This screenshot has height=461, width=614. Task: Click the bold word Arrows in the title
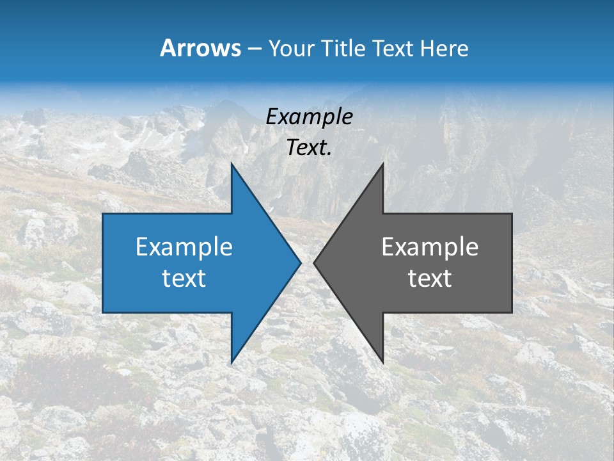pyautogui.click(x=201, y=48)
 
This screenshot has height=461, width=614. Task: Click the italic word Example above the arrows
pyautogui.click(x=309, y=117)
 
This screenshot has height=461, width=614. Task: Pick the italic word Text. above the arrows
pyautogui.click(x=309, y=147)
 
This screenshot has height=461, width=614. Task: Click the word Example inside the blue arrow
pyautogui.click(x=184, y=247)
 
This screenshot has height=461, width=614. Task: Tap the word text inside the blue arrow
pyautogui.click(x=184, y=278)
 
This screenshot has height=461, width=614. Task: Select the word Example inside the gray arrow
pyautogui.click(x=430, y=247)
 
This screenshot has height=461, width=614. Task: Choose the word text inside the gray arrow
pyautogui.click(x=430, y=278)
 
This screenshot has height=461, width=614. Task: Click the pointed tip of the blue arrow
pyautogui.click(x=301, y=263)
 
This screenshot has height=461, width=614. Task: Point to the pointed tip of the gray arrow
pyautogui.click(x=314, y=263)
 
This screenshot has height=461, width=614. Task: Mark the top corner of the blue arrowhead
pyautogui.click(x=232, y=164)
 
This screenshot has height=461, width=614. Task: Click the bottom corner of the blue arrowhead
pyautogui.click(x=232, y=362)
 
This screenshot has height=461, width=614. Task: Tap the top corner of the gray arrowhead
pyautogui.click(x=383, y=164)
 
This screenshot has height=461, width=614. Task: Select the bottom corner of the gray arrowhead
pyautogui.click(x=383, y=362)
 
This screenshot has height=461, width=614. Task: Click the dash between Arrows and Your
pyautogui.click(x=254, y=49)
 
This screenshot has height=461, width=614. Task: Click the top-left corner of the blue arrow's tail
pyautogui.click(x=103, y=214)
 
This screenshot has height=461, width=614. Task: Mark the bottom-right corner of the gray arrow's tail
pyautogui.click(x=512, y=312)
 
